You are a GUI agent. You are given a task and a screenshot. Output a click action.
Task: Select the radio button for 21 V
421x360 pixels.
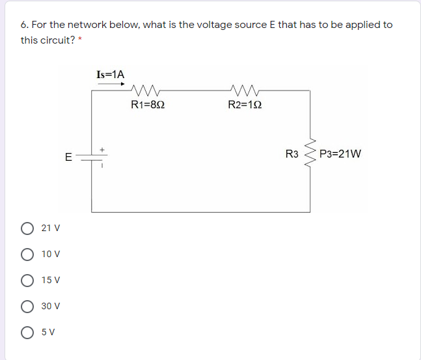28,228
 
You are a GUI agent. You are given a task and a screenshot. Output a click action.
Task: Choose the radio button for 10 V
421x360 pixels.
28,254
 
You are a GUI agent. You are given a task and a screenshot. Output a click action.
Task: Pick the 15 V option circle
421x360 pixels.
28,280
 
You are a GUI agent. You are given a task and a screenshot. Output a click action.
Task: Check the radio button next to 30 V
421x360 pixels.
28,306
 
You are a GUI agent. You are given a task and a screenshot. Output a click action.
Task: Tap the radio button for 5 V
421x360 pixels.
28,331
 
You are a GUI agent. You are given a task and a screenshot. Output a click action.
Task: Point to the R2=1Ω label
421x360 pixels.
245,105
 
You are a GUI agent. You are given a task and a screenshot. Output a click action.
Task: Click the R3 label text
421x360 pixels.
292,154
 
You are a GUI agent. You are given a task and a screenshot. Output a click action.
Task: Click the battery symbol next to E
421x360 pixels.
91,157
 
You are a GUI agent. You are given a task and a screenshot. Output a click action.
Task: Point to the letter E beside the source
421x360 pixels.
68,157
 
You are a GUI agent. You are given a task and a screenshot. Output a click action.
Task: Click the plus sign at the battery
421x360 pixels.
102,150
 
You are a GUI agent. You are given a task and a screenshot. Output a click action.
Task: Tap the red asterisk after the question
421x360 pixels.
79,38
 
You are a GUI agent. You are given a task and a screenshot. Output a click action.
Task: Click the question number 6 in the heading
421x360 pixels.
23,25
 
